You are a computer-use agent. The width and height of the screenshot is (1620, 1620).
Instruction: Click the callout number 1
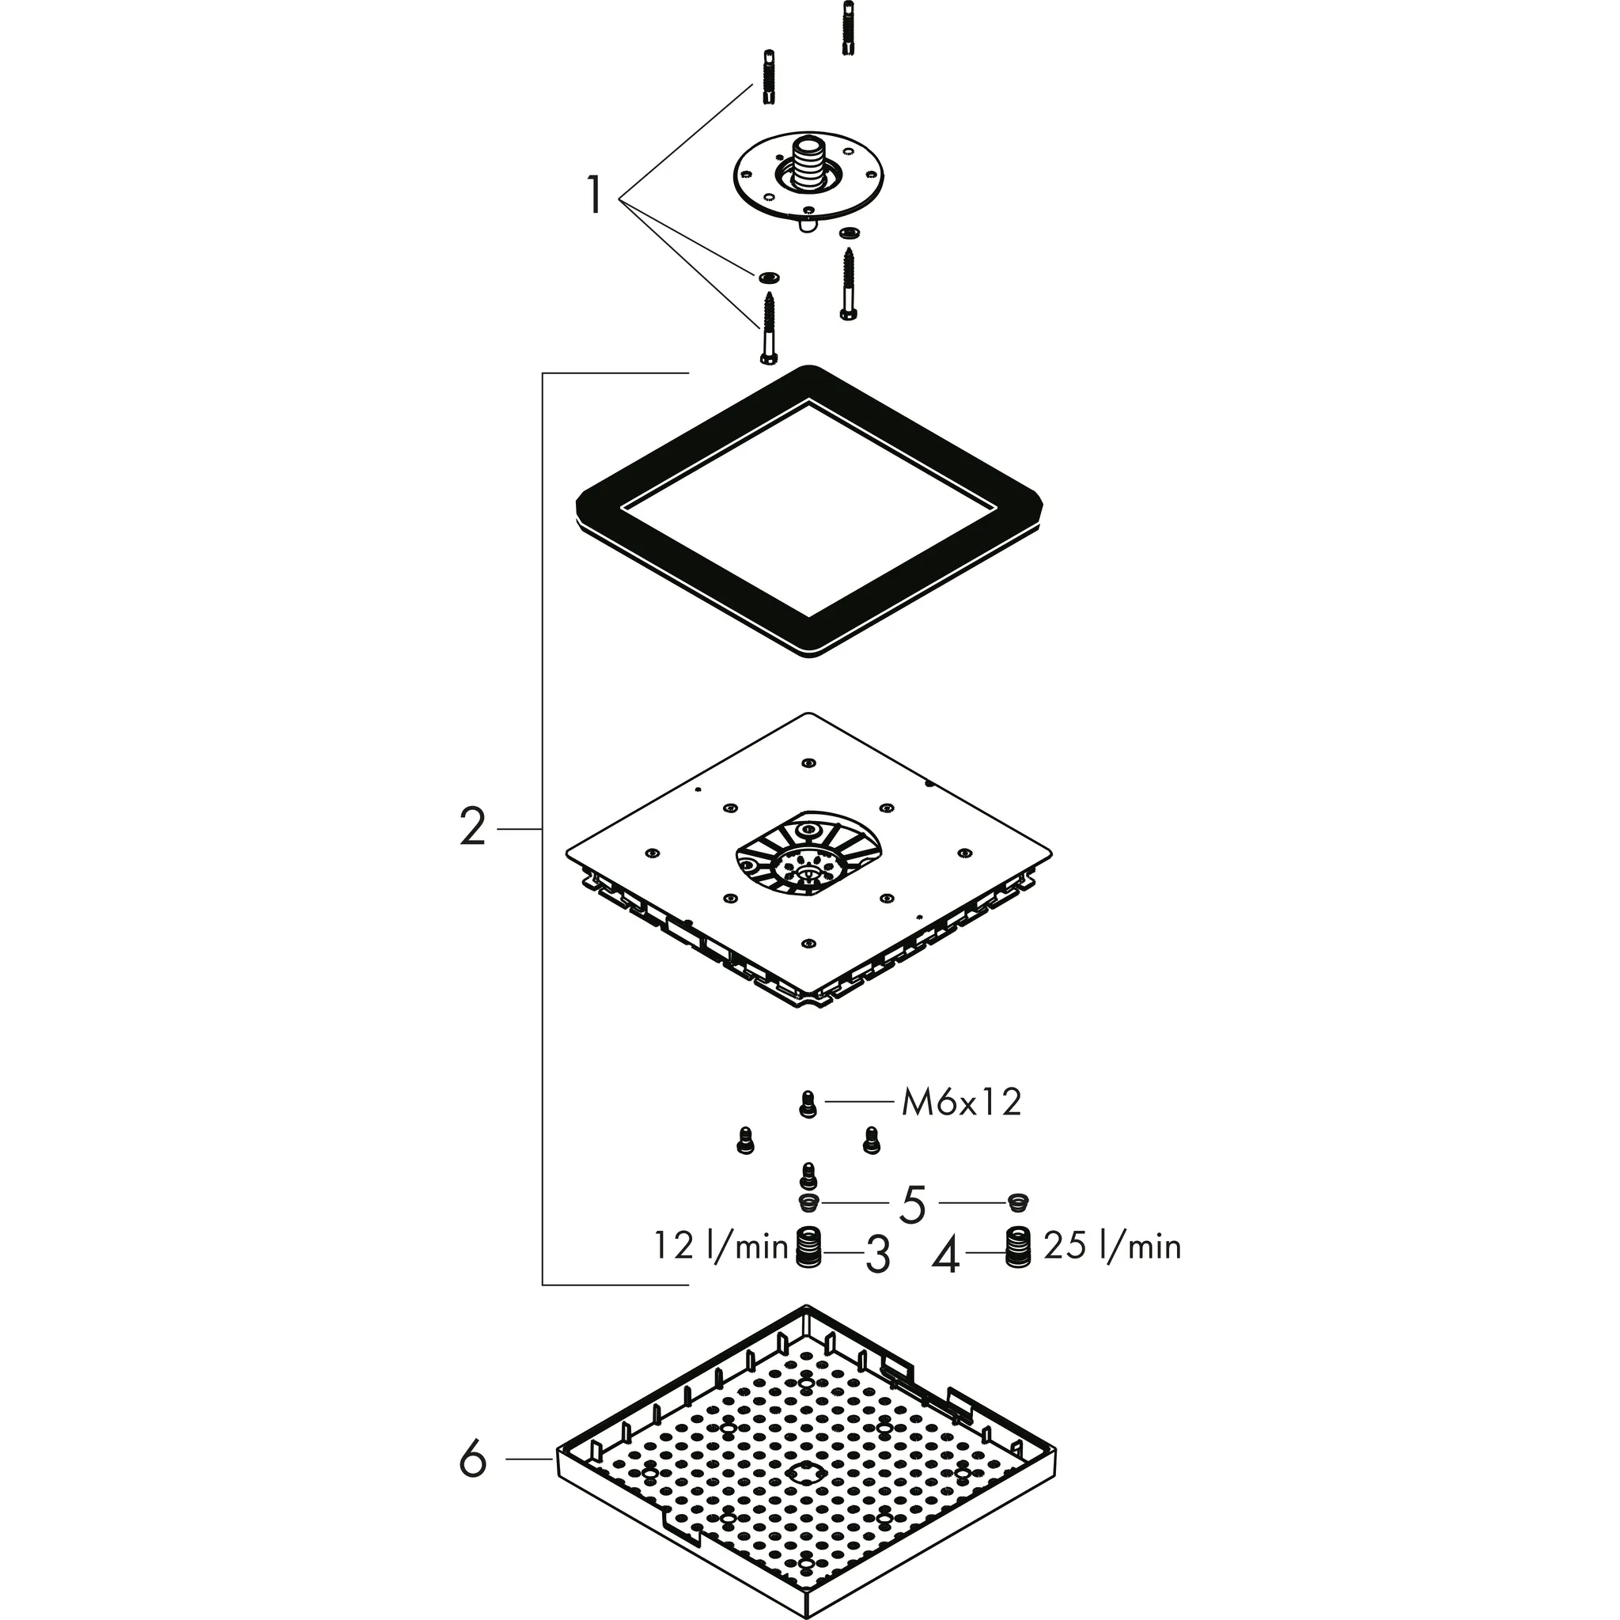coord(594,195)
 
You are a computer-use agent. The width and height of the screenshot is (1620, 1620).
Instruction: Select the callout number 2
coord(473,827)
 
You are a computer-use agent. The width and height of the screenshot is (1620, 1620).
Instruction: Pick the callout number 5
coord(912,1205)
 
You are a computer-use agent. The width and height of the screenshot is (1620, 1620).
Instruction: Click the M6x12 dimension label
coord(961,1103)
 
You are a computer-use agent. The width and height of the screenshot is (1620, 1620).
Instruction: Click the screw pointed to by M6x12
coord(808,1104)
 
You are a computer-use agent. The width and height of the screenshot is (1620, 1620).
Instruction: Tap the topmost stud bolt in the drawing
coord(847,25)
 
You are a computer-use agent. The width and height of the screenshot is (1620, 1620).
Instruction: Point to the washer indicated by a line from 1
coord(767,277)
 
